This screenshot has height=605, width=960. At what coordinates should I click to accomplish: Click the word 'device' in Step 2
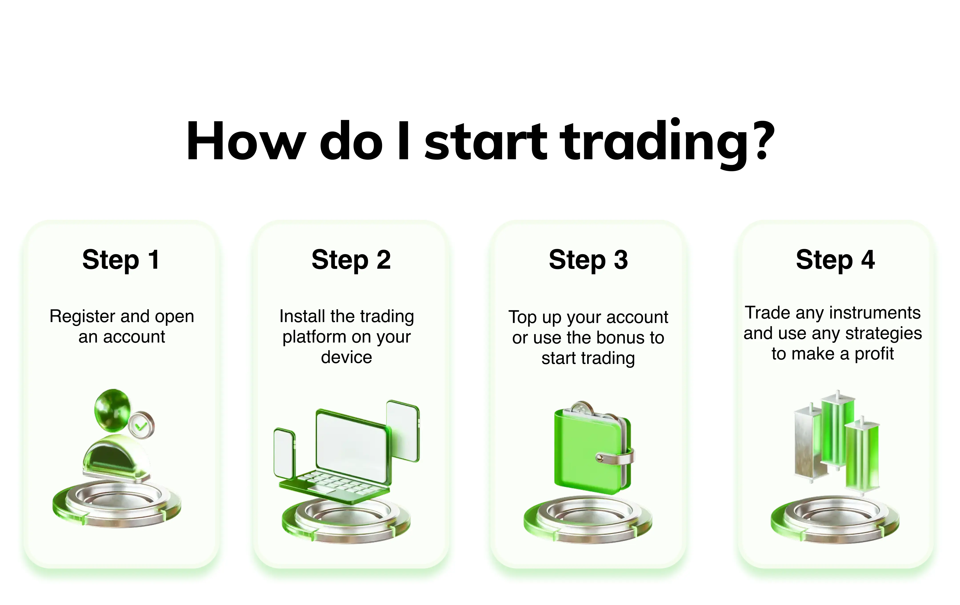[346, 357]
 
